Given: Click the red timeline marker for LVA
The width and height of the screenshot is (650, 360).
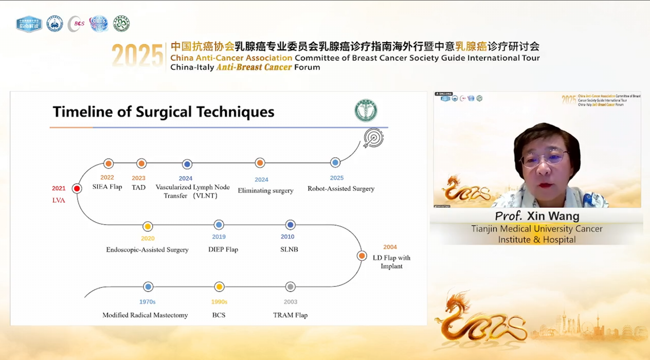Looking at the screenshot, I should (x=77, y=189).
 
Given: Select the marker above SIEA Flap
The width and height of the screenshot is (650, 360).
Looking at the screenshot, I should (x=108, y=164).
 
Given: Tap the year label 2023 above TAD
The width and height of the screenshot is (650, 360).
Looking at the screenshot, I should (x=138, y=178).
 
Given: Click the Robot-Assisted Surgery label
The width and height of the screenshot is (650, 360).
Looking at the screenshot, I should (x=341, y=189).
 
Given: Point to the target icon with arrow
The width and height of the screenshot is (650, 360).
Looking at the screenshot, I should (x=373, y=138).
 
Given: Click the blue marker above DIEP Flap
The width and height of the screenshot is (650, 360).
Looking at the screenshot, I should (x=219, y=225).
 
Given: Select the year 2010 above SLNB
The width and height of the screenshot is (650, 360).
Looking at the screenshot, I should (x=287, y=237).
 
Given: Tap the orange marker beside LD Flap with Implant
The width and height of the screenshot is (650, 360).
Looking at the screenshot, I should (x=362, y=256).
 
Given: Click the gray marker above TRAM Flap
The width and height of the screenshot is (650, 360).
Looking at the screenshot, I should (x=290, y=287).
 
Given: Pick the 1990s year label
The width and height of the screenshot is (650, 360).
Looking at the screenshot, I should (x=219, y=302).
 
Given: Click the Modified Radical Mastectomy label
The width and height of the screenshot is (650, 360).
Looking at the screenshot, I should (x=145, y=315).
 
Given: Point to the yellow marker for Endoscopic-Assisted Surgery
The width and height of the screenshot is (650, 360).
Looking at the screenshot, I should (x=148, y=226).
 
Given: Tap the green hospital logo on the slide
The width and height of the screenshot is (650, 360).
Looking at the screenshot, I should (x=366, y=111).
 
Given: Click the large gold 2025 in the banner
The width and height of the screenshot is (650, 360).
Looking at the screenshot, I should (x=137, y=56).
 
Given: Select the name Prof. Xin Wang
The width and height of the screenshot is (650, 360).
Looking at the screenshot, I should (x=537, y=216).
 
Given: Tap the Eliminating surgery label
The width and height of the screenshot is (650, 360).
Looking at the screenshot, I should (x=265, y=191).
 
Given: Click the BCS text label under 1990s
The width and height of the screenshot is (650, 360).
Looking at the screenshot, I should (x=219, y=315).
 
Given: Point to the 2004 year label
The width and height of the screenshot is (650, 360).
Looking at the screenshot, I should (x=390, y=247).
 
